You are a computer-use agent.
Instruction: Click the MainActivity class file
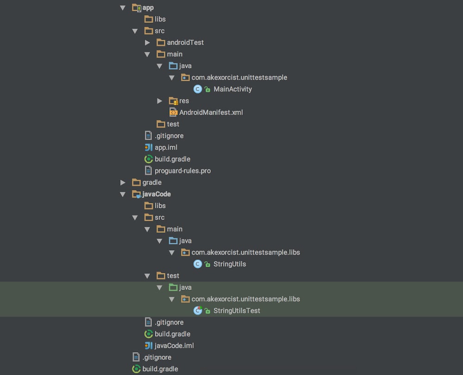pyautogui.click(x=232, y=89)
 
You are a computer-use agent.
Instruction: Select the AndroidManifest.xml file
pyautogui.click(x=211, y=112)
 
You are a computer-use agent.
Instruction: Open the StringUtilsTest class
pyautogui.click(x=237, y=311)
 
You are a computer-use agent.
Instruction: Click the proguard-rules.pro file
pyautogui.click(x=182, y=171)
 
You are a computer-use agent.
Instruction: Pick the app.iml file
pyautogui.click(x=166, y=147)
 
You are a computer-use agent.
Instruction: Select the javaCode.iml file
pyautogui.click(x=174, y=345)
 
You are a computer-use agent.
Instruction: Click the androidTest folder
pyautogui.click(x=185, y=42)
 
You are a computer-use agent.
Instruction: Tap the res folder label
pyautogui.click(x=184, y=101)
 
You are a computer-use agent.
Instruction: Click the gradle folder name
pyautogui.click(x=152, y=182)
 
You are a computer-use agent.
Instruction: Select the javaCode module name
pyautogui.click(x=156, y=194)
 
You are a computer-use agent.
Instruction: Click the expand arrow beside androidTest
pyautogui.click(x=147, y=43)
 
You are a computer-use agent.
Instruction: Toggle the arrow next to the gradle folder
pyautogui.click(x=123, y=182)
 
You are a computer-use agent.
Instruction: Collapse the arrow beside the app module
pyautogui.click(x=123, y=7)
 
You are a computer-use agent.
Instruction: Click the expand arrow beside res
pyautogui.click(x=160, y=101)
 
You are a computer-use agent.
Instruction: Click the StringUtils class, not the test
pyautogui.click(x=229, y=264)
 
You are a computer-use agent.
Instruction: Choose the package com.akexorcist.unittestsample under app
pyautogui.click(x=239, y=77)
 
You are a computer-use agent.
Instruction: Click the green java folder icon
pyautogui.click(x=173, y=287)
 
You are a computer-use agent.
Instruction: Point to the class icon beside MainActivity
pyautogui.click(x=198, y=89)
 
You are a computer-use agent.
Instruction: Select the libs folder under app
pyautogui.click(x=160, y=19)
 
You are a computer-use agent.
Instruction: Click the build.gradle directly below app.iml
pyautogui.click(x=172, y=159)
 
